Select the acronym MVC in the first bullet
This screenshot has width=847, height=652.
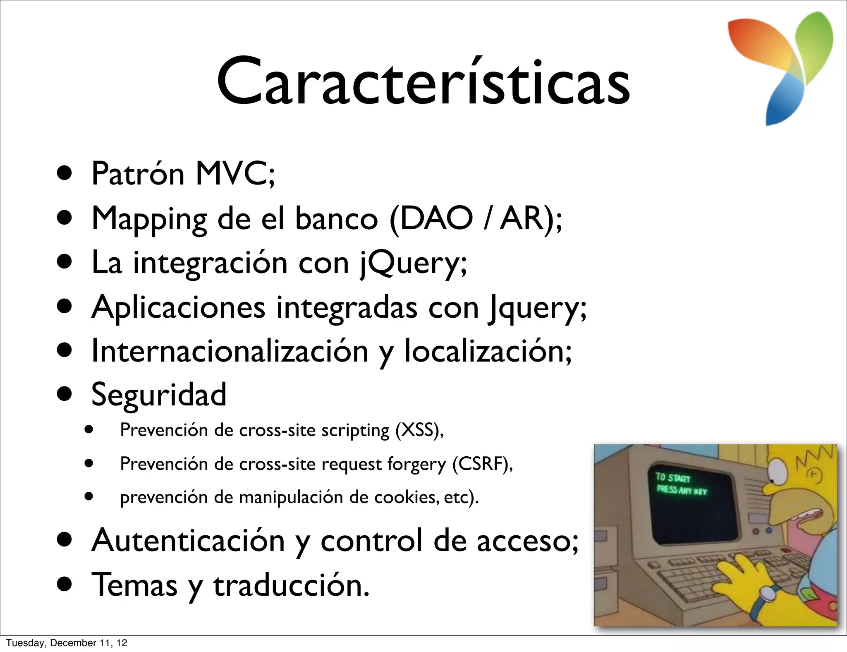click(x=234, y=174)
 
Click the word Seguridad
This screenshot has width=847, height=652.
click(x=159, y=395)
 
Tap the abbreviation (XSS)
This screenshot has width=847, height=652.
click(x=418, y=430)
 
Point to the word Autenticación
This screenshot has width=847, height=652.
click(x=188, y=540)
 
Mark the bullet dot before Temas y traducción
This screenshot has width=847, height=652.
click(x=65, y=586)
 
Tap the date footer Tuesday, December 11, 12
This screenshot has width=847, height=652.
click(x=67, y=643)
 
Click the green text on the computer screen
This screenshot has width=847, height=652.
click(x=681, y=484)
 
